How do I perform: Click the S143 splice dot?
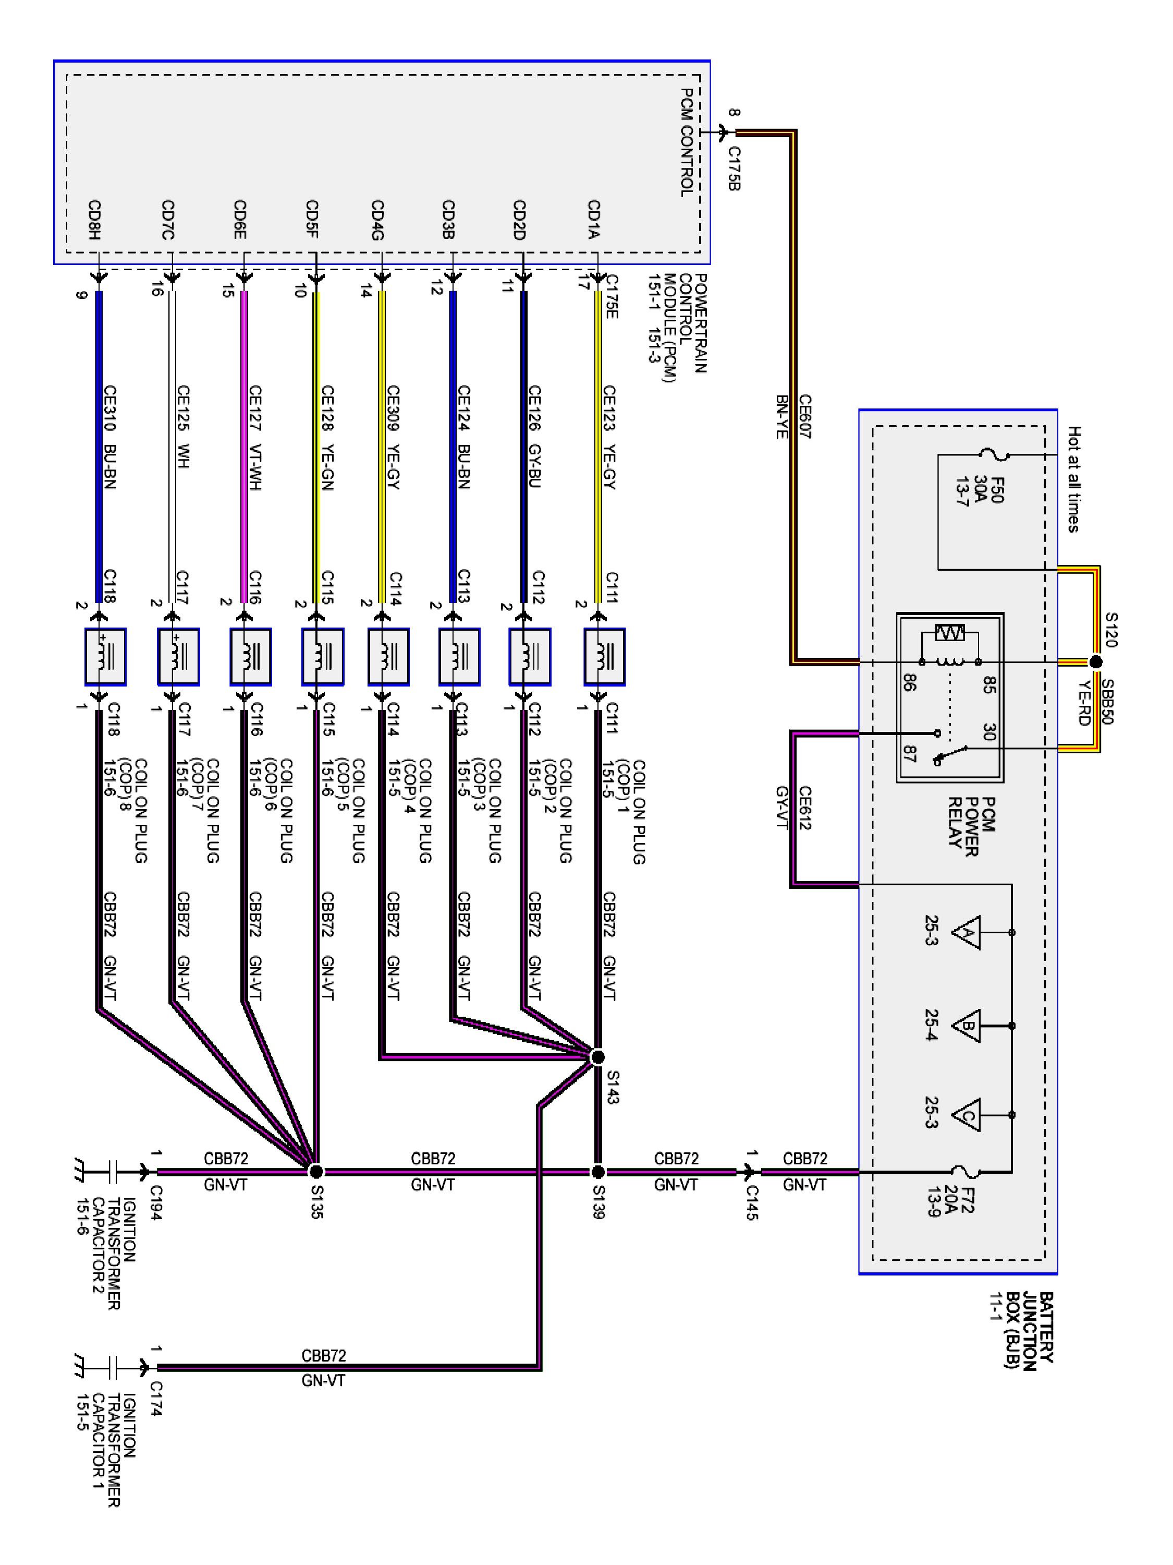pyautogui.click(x=597, y=1057)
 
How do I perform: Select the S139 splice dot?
pyautogui.click(x=597, y=1172)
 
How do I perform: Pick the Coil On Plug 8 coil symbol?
pyautogui.click(x=105, y=657)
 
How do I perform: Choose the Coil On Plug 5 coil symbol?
pyautogui.click(x=322, y=657)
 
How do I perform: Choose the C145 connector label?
pyautogui.click(x=752, y=1203)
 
